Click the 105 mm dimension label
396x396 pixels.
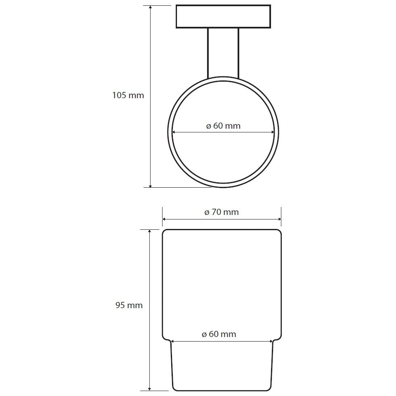[x=128, y=95]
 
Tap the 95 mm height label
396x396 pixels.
[x=129, y=305]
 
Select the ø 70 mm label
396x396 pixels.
[x=222, y=212]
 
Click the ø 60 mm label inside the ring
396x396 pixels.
[x=223, y=126]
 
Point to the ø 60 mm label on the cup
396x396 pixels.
[x=219, y=334]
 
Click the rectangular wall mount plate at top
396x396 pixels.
[x=223, y=16]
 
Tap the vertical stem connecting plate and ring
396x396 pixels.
[x=223, y=53]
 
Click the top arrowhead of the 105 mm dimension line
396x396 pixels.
[x=150, y=7]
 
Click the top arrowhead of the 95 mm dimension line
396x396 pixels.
[x=150, y=232]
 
